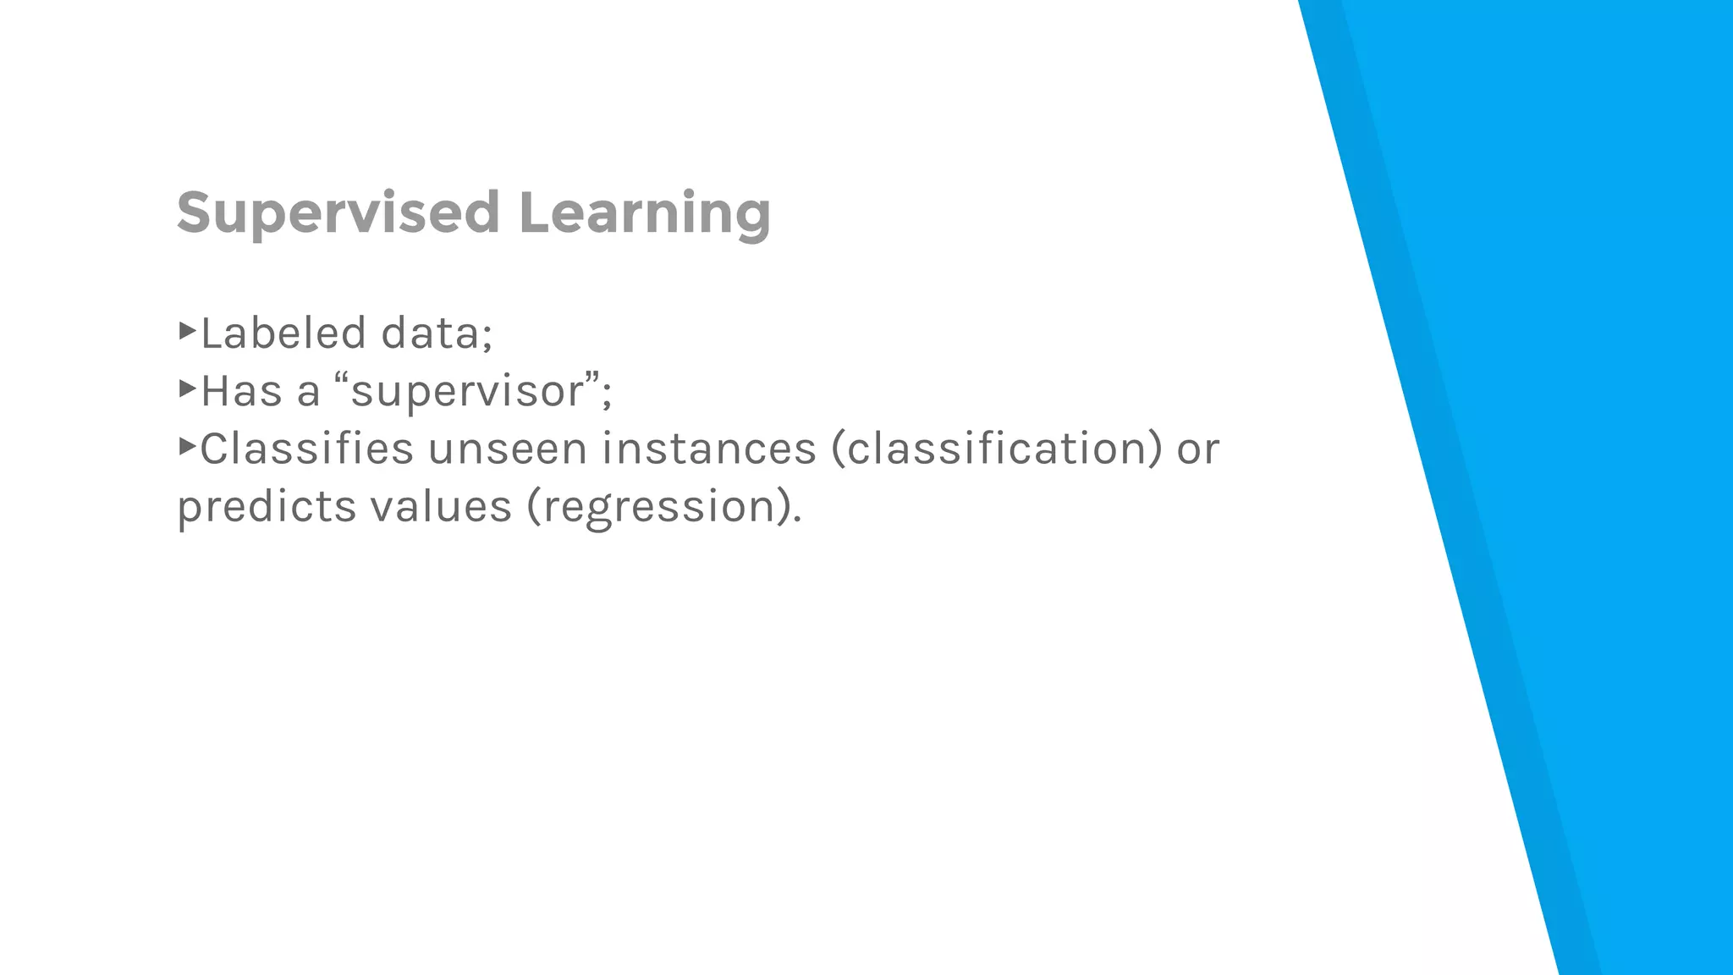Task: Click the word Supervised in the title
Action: (338, 213)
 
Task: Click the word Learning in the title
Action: (644, 213)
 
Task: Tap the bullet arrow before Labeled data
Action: (187, 330)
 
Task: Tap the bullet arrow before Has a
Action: (187, 388)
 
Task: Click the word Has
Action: (241, 391)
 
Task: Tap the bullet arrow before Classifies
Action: (187, 446)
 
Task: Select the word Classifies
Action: (306, 449)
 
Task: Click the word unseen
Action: (507, 449)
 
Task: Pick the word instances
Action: (709, 449)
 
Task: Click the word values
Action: (441, 506)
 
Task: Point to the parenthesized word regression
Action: (659, 508)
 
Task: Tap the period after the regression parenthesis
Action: (796, 519)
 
